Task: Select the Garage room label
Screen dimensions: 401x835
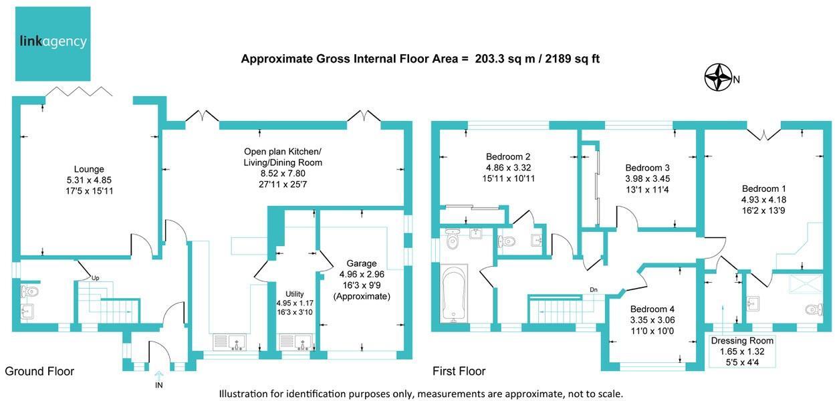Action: click(361, 263)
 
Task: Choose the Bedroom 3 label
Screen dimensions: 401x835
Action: click(647, 167)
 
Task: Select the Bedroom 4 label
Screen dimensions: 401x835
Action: click(652, 309)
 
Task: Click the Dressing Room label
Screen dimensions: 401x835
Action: click(737, 340)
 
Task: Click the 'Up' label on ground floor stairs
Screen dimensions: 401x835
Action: click(95, 277)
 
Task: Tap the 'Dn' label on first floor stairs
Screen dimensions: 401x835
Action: click(593, 290)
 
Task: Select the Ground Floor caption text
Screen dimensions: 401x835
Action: click(39, 371)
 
